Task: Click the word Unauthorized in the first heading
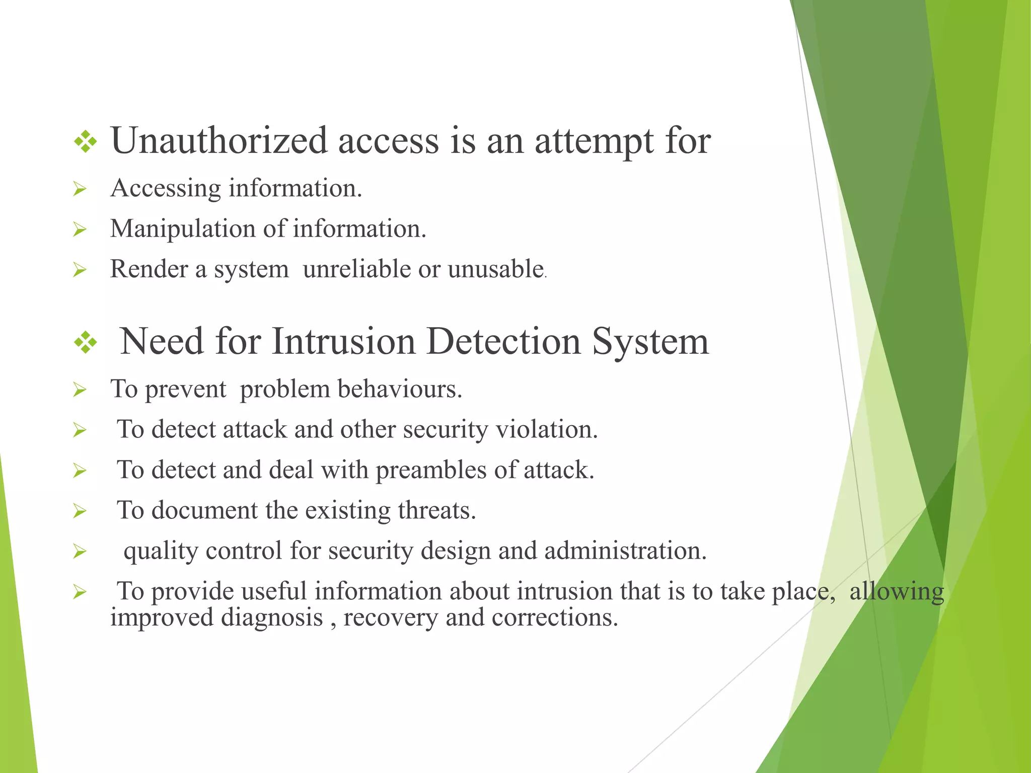[x=218, y=140]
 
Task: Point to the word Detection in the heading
[x=503, y=342]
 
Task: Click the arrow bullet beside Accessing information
[x=80, y=190]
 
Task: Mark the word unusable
[x=495, y=269]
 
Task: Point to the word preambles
[x=430, y=470]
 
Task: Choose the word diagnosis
[x=272, y=617]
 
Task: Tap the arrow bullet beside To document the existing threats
[x=80, y=511]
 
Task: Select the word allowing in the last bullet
[x=896, y=591]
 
